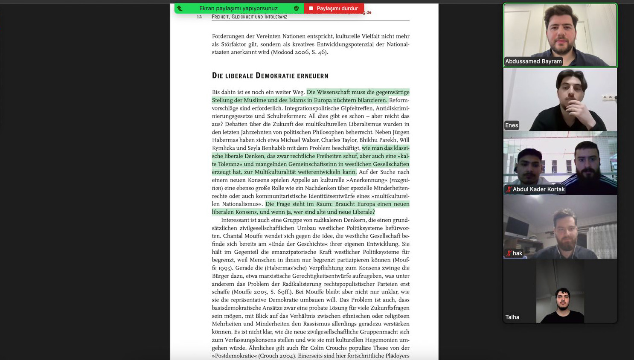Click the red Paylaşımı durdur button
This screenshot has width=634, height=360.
point(334,8)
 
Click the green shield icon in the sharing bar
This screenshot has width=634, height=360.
point(296,8)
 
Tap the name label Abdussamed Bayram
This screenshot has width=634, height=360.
point(533,61)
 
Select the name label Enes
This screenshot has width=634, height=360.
point(511,125)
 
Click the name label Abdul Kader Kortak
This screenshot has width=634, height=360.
point(538,189)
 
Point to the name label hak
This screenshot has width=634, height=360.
point(517,253)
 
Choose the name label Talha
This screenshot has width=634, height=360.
point(512,317)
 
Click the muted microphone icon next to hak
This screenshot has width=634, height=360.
point(509,253)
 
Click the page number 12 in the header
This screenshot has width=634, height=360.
point(199,17)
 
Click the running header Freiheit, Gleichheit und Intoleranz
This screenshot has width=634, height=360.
point(249,17)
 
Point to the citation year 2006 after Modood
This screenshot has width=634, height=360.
point(302,52)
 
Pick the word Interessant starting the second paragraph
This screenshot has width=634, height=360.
point(236,220)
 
